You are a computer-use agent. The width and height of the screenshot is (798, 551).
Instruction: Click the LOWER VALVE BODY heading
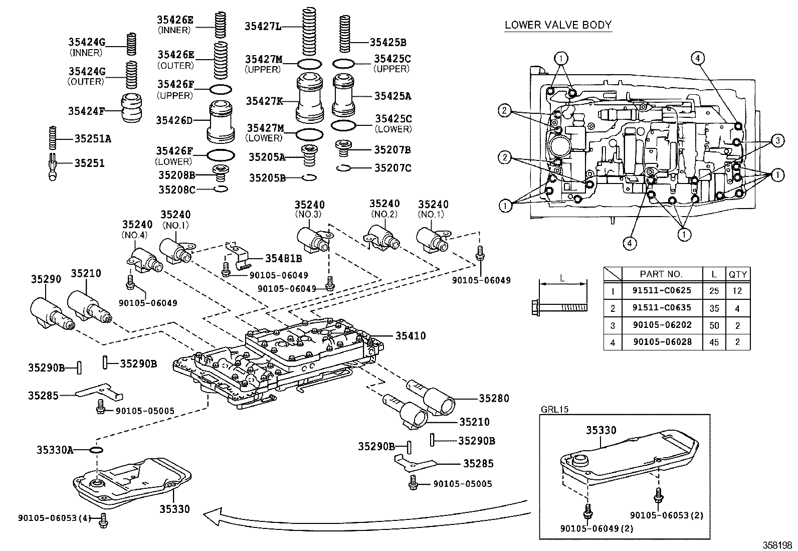coord(558,25)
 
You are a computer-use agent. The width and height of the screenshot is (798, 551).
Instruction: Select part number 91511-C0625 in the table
coord(661,291)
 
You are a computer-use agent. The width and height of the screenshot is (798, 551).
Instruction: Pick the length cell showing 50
coord(714,325)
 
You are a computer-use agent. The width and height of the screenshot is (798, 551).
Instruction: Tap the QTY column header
coord(737,274)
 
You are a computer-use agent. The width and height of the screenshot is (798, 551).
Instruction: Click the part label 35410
coord(411,336)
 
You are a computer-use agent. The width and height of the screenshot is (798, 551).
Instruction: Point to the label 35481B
coord(283,259)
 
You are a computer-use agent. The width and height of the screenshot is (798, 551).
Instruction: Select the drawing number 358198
coord(777,544)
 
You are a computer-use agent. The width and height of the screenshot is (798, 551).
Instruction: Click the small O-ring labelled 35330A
coord(96,449)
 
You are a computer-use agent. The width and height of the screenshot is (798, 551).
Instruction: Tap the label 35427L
coord(263,26)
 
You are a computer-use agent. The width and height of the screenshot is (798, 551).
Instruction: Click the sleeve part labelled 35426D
coord(221,122)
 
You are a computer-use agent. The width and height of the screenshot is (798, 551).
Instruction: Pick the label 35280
coord(494,399)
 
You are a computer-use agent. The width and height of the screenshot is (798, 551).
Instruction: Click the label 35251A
coord(93,138)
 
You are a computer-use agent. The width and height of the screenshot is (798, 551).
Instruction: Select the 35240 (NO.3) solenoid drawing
coord(314,239)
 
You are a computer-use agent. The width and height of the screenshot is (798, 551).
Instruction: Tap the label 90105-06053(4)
coord(54,518)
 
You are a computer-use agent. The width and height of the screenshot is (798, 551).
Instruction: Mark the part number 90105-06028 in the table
coord(661,342)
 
